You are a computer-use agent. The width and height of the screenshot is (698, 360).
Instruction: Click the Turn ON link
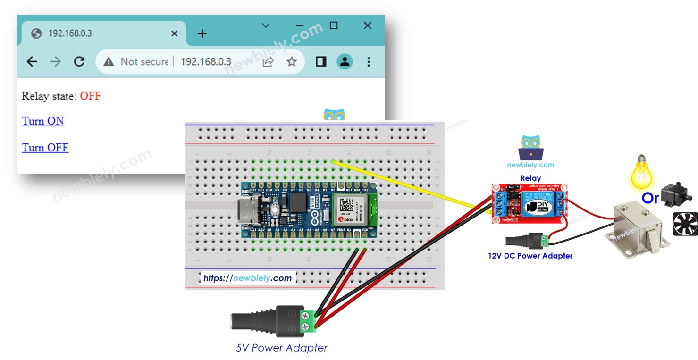43,121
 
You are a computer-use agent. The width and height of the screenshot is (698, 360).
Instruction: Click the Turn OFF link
45,148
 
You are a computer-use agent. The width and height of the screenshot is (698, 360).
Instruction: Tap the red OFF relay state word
91,96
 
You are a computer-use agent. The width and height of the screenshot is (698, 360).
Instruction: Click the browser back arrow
32,62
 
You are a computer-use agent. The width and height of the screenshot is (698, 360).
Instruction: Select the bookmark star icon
292,62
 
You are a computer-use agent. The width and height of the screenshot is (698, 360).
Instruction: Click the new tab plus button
202,33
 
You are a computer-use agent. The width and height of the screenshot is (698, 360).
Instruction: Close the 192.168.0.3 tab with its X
174,33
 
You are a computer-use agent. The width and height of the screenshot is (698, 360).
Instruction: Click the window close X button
367,26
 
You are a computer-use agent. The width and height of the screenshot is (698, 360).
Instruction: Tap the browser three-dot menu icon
369,62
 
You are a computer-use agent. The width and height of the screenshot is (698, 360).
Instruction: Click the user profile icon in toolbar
345,62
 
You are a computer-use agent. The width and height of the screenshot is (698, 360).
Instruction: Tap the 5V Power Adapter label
282,348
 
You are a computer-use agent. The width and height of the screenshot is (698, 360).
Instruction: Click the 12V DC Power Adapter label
530,256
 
